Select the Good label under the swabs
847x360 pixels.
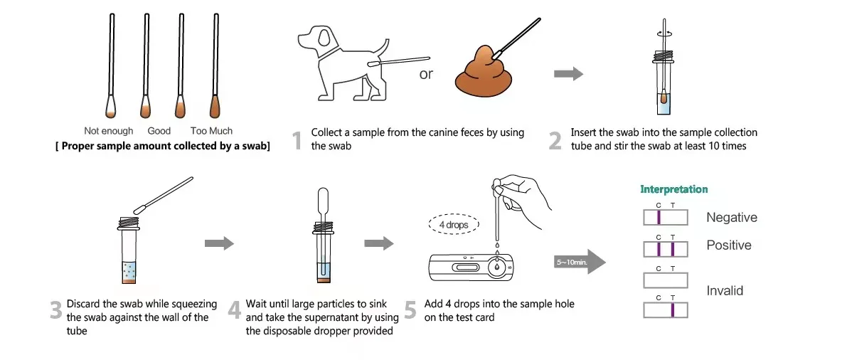[x=159, y=131]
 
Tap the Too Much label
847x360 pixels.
[x=211, y=131]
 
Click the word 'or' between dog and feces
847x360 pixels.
[x=425, y=75]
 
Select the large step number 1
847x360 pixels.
[x=297, y=140]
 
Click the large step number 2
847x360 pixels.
[x=555, y=140]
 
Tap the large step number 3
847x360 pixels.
[x=55, y=311]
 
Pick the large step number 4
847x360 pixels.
[x=235, y=311]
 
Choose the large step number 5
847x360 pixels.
[x=410, y=311]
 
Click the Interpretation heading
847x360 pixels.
[x=673, y=189]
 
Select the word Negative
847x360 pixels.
[x=731, y=218]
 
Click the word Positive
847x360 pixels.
[x=728, y=245]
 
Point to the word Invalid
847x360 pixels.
[x=724, y=291]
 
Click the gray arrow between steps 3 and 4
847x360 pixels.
[x=219, y=244]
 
